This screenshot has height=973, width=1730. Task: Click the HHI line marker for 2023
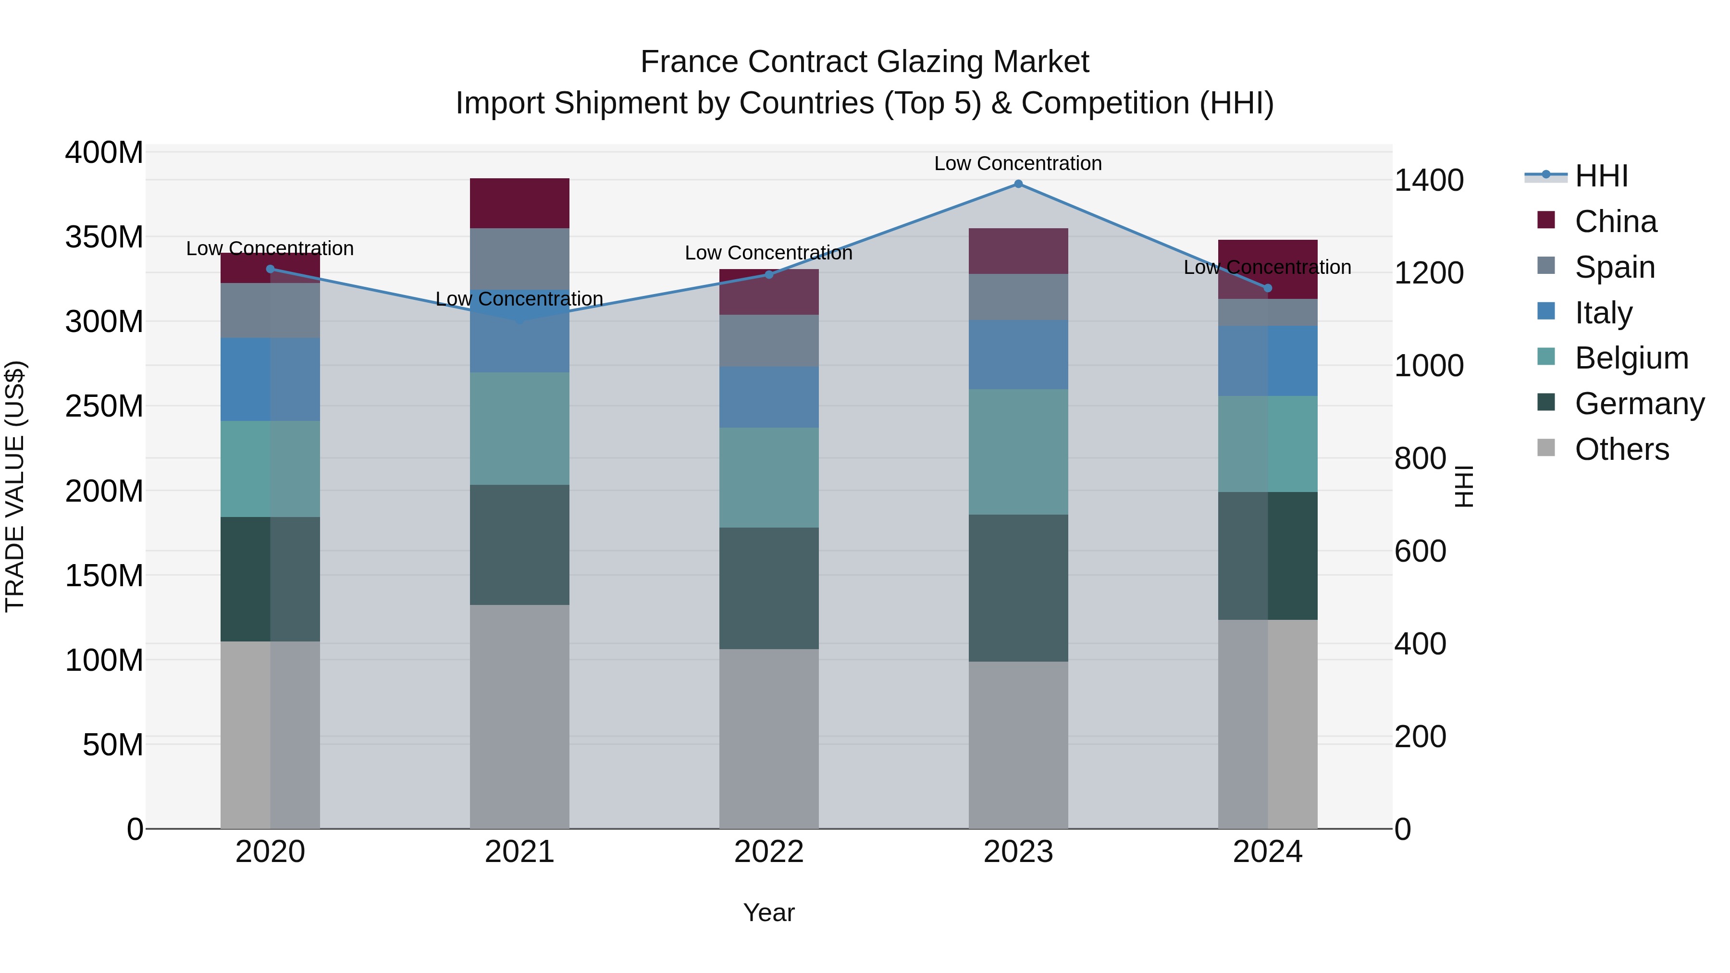(1018, 184)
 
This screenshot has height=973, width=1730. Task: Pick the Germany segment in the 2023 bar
(1018, 588)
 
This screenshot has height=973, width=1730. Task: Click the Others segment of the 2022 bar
(769, 739)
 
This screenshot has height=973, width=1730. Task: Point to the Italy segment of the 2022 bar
(769, 397)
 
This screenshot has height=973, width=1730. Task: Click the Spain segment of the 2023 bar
(1018, 297)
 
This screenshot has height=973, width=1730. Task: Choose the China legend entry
(1615, 222)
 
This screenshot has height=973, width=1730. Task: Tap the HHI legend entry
(1601, 176)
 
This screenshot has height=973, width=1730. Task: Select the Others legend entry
(1621, 449)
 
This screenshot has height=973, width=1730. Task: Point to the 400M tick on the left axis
(104, 152)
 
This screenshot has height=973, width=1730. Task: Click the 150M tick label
(104, 576)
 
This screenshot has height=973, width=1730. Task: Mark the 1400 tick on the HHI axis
(1429, 181)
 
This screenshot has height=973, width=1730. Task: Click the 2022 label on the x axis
(769, 852)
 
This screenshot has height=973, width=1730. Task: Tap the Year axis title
(769, 912)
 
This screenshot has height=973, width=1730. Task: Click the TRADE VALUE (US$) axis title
(15, 486)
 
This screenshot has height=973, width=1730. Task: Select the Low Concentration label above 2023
(1018, 163)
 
